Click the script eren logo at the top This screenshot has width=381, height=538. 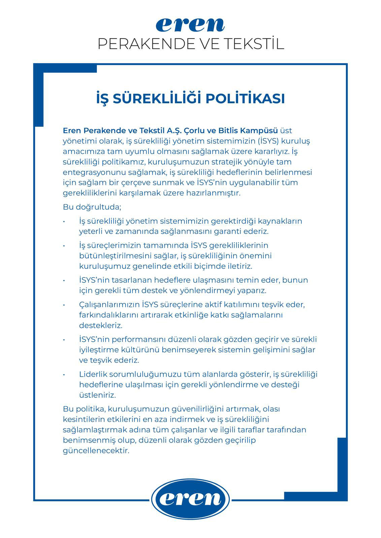point(190,25)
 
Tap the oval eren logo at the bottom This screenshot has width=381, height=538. point(191,499)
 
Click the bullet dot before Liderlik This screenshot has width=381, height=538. point(64,374)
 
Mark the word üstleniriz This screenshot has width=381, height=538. point(97,395)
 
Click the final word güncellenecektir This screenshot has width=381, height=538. point(96,451)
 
